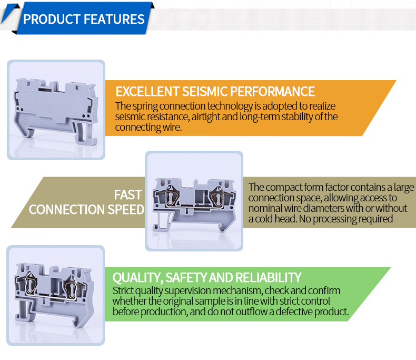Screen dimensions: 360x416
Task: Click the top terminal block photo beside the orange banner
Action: [x=56, y=110]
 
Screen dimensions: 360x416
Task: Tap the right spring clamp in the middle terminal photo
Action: [x=217, y=199]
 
